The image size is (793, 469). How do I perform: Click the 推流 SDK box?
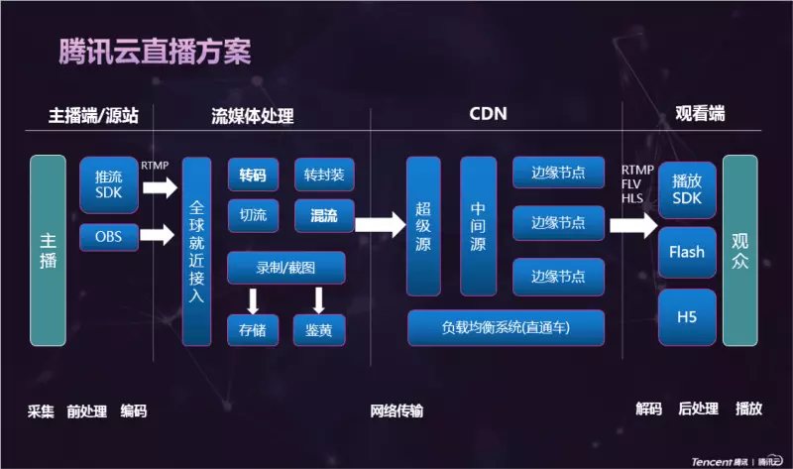pos(109,184)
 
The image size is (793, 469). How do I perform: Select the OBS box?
pos(109,237)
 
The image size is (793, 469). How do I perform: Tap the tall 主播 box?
pos(48,251)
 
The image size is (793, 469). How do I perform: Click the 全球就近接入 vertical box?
pos(196,252)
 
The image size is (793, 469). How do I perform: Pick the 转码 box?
pos(253,176)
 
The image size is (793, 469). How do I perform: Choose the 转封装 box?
pos(324,176)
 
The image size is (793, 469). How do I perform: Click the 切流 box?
pos(253,215)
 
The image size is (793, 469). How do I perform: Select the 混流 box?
pos(324,215)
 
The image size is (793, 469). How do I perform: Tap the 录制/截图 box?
pos(286,268)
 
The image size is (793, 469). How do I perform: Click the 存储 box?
pos(253,330)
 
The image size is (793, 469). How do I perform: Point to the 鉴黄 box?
pos(319,330)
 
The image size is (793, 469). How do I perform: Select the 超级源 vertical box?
pos(423,226)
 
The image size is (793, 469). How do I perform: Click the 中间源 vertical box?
pos(479,226)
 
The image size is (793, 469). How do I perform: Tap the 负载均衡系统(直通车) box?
pos(506,328)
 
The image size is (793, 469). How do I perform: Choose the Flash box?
pos(687,252)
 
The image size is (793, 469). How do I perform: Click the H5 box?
pos(687,317)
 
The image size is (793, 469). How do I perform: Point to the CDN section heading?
pos(488,114)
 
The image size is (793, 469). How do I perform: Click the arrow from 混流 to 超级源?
pos(381,225)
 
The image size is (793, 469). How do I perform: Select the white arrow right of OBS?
pos(158,235)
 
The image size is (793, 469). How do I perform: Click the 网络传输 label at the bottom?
pos(396,410)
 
